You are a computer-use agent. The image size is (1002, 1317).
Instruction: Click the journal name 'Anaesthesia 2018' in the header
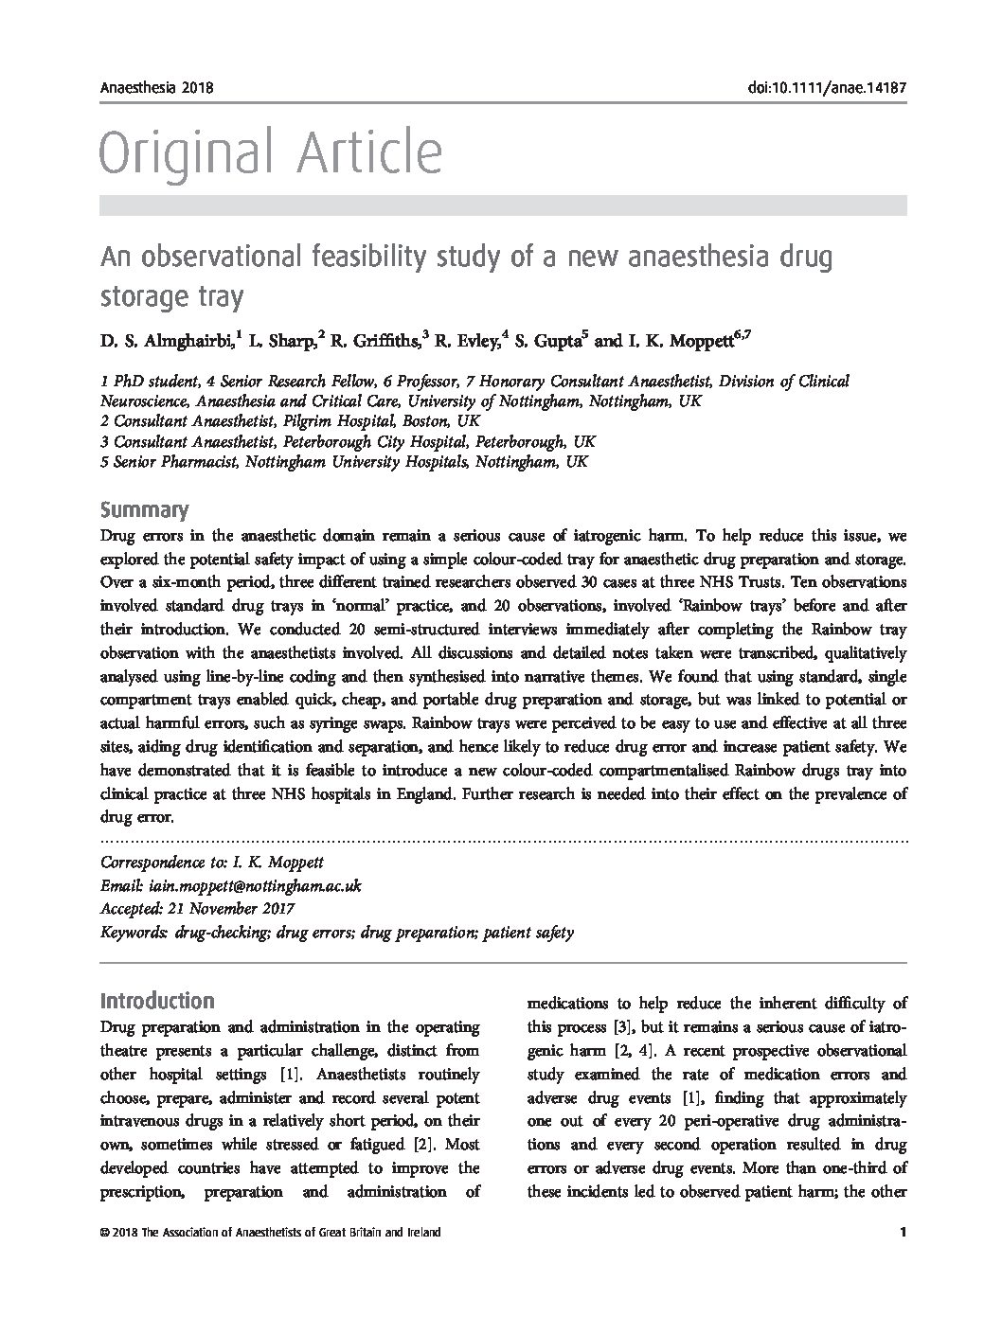click(156, 89)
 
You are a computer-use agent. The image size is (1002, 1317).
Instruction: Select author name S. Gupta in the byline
click(549, 340)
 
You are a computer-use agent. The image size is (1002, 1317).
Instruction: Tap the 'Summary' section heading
click(144, 510)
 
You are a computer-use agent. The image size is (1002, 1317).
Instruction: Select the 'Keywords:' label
click(134, 933)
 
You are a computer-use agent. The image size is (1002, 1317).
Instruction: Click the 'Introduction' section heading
click(157, 1001)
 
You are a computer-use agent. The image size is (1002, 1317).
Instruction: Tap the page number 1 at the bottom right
click(904, 1233)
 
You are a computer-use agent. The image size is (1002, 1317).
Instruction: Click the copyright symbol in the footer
click(104, 1233)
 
